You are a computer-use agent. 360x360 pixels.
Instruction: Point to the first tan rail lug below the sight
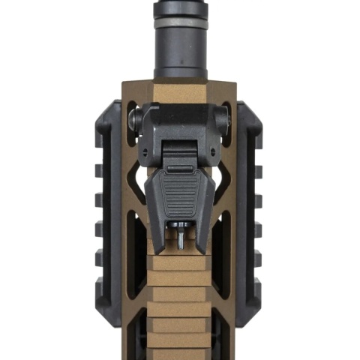pyautogui.click(x=180, y=263)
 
